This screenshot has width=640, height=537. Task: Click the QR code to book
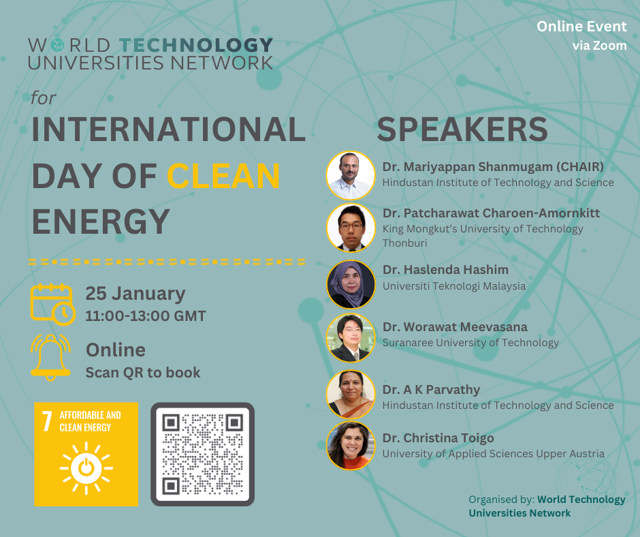click(202, 454)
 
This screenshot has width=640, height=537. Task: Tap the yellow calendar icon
click(52, 305)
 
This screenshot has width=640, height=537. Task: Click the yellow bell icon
click(50, 358)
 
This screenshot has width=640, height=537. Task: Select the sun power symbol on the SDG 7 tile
click(86, 468)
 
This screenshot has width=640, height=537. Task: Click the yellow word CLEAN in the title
click(223, 176)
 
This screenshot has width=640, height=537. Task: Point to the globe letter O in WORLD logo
click(58, 45)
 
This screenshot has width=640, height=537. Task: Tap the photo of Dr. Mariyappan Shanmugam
click(351, 175)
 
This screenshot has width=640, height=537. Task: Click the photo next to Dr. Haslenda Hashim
click(351, 284)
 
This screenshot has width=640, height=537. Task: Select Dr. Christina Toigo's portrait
click(351, 446)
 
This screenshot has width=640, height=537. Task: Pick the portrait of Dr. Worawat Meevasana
click(351, 337)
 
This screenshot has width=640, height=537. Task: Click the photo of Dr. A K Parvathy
click(351, 395)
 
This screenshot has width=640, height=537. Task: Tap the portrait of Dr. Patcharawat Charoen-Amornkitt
click(351, 228)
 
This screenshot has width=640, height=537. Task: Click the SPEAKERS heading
click(462, 129)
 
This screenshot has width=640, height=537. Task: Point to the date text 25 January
click(135, 294)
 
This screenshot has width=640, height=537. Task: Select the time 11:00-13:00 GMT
click(145, 316)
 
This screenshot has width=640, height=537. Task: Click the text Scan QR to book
click(143, 373)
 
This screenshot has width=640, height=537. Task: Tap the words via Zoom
click(600, 46)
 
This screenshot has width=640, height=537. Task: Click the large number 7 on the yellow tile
click(48, 421)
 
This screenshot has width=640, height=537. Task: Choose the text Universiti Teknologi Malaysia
click(454, 286)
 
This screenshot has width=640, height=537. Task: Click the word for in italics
click(44, 98)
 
